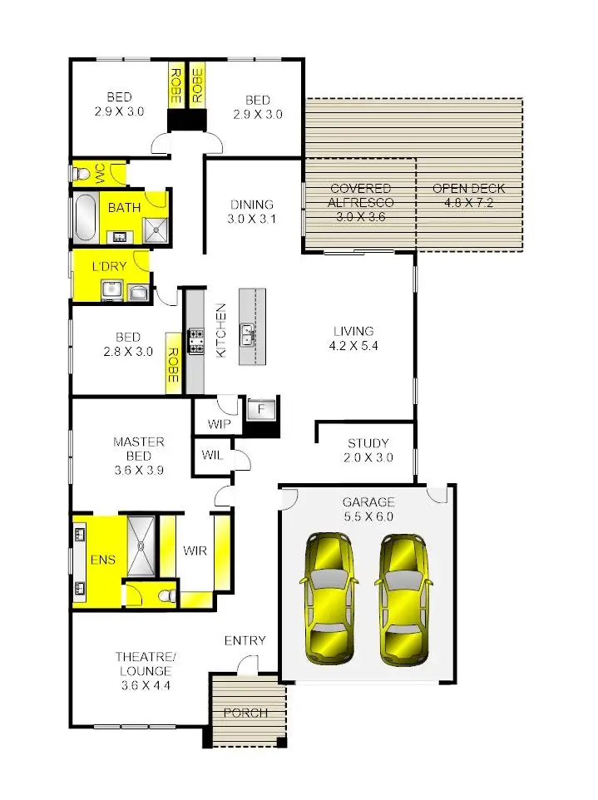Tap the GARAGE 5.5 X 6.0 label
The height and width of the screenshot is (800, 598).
point(368,509)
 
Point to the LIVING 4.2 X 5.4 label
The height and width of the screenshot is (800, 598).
point(354,338)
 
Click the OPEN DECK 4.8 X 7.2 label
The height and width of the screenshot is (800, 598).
point(468,195)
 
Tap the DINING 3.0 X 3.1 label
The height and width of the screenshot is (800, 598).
point(252,212)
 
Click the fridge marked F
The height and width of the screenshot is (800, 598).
point(261,410)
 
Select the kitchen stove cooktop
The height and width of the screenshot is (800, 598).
point(196,340)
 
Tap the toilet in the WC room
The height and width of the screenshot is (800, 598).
point(81,174)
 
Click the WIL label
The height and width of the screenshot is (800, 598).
point(211,456)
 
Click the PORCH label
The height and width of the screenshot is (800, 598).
point(245,713)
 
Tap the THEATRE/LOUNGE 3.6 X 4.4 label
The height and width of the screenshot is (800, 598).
point(144,670)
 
